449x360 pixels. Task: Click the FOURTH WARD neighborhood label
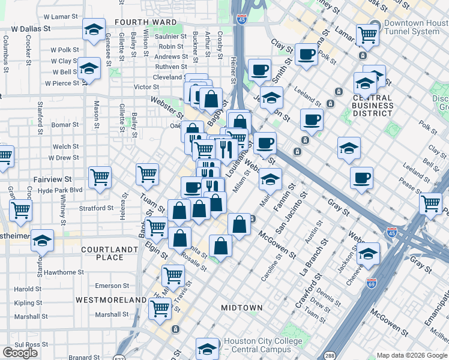coord(145,22)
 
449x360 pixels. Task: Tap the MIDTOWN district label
coord(242,308)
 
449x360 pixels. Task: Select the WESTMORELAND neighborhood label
coord(111,299)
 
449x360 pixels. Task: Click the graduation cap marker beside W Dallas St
coord(94,29)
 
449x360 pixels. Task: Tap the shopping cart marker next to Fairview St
coord(99,176)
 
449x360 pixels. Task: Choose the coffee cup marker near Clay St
coord(306,55)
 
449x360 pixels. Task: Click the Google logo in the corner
coord(20,353)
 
